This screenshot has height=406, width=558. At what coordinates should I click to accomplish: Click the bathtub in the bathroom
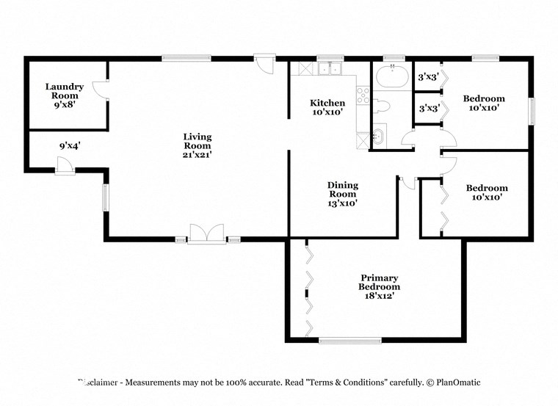(x=392, y=76)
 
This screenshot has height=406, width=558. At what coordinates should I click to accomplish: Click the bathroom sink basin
(x=378, y=136)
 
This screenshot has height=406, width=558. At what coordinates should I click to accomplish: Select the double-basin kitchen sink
(x=330, y=69)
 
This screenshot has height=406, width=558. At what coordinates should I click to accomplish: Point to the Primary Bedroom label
(x=378, y=282)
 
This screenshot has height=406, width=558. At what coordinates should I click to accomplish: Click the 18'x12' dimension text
(x=378, y=296)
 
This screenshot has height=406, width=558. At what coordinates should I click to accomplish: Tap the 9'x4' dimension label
(x=69, y=145)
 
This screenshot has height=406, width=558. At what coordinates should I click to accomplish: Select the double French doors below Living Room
(x=208, y=233)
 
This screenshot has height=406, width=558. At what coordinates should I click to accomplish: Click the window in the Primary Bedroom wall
(x=349, y=340)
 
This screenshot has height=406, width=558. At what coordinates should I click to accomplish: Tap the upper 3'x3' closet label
(x=428, y=76)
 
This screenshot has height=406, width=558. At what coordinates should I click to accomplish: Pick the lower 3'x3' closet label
(x=428, y=109)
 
